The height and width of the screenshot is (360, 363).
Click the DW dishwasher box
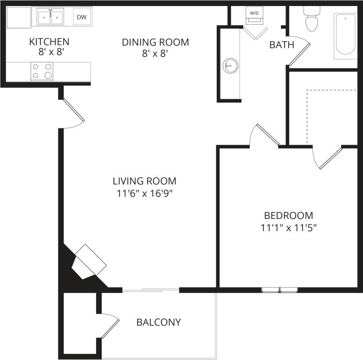pyautogui.click(x=82, y=18)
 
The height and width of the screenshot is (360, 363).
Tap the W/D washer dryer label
pyautogui.click(x=254, y=13)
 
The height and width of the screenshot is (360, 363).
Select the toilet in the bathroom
pyautogui.click(x=311, y=19)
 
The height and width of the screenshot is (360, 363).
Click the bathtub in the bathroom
pyautogui.click(x=346, y=36)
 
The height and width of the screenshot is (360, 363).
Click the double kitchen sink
pyautogui.click(x=50, y=18)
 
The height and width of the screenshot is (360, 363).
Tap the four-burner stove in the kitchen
pyautogui.click(x=42, y=71)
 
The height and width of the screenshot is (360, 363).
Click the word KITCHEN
pyautogui.click(x=49, y=42)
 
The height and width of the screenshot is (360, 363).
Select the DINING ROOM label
pyautogui.click(x=156, y=42)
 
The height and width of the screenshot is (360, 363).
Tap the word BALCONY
pyautogui.click(x=158, y=322)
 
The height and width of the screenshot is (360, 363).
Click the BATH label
pyautogui.click(x=282, y=45)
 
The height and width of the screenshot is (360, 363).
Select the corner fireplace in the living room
pyautogui.click(x=88, y=263)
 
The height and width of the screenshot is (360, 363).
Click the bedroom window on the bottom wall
pyautogui.click(x=279, y=290)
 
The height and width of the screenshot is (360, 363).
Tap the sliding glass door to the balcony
pyautogui.click(x=150, y=290)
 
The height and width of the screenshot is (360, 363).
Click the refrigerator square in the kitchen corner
pyautogui.click(x=18, y=18)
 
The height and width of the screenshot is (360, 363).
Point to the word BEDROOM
pyautogui.click(x=288, y=215)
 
